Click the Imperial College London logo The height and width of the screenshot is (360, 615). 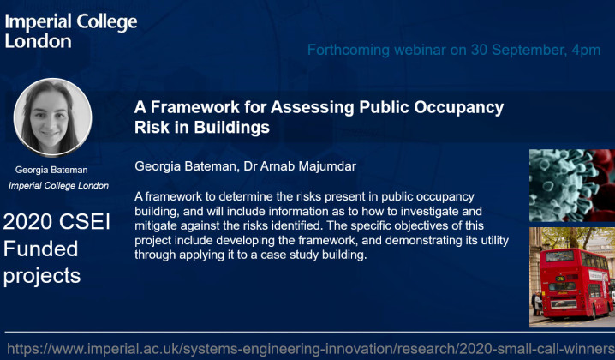tap(70, 31)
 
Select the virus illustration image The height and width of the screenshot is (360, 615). tap(571, 185)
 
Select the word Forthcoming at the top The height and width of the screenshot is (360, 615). tap(351, 51)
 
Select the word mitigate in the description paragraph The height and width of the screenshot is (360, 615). tap(162, 225)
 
